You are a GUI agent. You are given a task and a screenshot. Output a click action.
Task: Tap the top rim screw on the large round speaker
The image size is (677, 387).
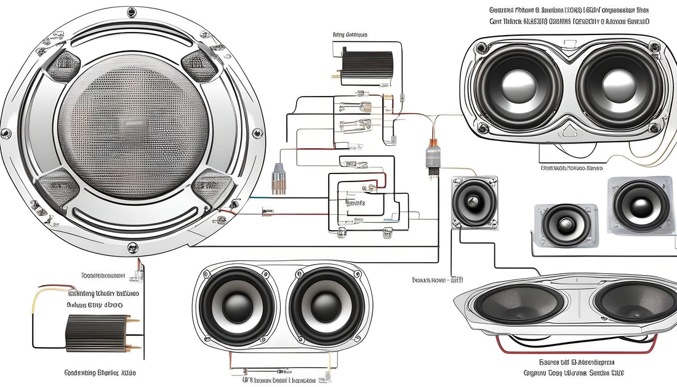[132, 12]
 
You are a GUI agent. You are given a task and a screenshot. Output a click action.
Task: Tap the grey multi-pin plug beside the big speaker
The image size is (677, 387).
[278, 178]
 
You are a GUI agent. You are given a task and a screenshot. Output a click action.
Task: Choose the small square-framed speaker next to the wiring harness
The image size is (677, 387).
[475, 202]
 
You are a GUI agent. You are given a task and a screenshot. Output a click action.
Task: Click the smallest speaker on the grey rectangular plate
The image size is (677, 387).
[565, 225]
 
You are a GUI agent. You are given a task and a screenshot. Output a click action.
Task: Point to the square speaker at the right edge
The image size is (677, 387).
[641, 205]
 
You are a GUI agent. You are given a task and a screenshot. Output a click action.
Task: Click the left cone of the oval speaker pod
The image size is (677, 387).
[520, 303]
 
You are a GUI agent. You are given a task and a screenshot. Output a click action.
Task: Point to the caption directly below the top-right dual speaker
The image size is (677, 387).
[571, 167]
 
